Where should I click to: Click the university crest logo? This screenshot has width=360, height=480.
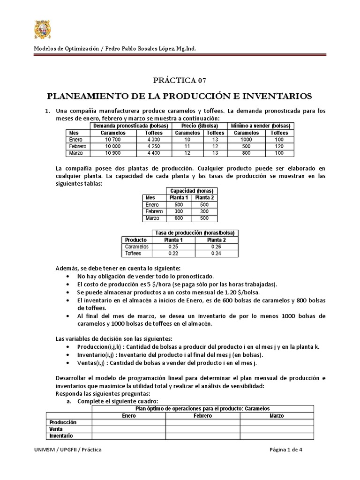pyautogui.click(x=45, y=29)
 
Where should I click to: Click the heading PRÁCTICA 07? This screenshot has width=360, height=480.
pyautogui.click(x=180, y=80)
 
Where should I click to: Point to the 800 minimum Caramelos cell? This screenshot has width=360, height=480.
pyautogui.click(x=246, y=153)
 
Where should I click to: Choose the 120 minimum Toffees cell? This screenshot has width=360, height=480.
pyautogui.click(x=279, y=146)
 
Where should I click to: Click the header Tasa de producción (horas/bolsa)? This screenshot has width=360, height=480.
pyautogui.click(x=194, y=232)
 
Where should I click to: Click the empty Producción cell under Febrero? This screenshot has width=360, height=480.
pyautogui.click(x=203, y=422)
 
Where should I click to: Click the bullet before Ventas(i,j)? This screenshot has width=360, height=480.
pyautogui.click(x=70, y=362)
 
